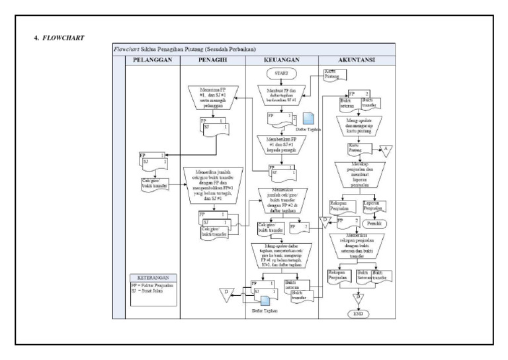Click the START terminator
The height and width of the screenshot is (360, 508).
[x=281, y=71]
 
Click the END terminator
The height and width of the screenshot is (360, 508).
[x=357, y=313]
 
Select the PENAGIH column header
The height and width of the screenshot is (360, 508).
[x=212, y=60]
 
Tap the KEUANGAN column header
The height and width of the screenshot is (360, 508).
[x=281, y=60]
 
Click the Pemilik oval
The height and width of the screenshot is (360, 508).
[x=374, y=224]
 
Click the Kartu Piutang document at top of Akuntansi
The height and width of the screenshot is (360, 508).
[x=334, y=73]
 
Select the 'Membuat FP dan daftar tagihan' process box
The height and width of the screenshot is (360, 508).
[x=281, y=95]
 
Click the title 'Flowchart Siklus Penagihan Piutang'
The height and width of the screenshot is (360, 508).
[x=185, y=49]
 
